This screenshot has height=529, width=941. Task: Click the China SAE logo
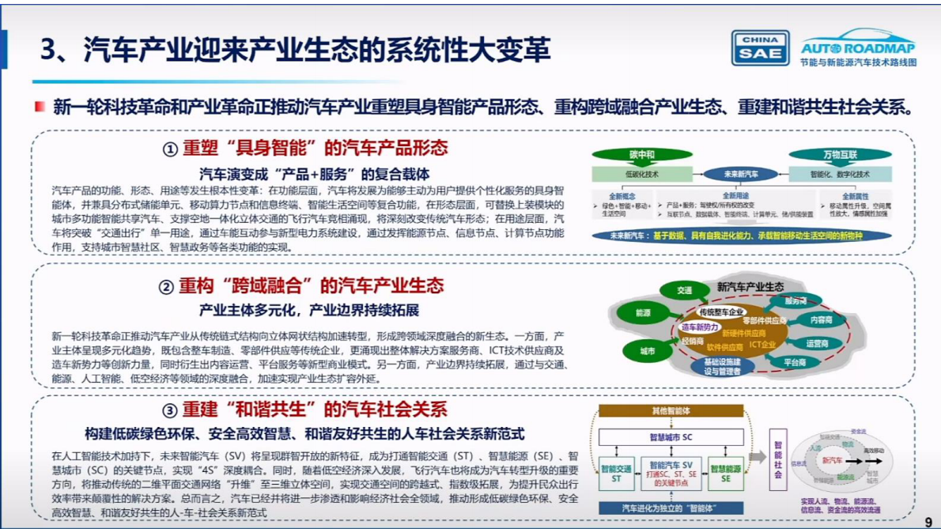tap(760, 47)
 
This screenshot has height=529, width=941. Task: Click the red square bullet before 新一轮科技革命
tap(40, 107)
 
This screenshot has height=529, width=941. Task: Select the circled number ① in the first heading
tap(170, 149)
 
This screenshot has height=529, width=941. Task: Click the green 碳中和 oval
tap(630, 154)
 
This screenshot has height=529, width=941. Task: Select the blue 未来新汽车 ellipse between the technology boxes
tap(741, 174)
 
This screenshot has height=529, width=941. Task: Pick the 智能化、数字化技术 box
tap(839, 174)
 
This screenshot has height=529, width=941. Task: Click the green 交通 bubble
tap(684, 290)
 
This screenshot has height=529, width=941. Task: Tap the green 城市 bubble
tap(647, 350)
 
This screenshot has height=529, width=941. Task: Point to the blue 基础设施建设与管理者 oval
tap(722, 366)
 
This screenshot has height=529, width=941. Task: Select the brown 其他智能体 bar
tap(671, 411)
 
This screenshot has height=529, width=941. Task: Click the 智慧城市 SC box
tap(671, 436)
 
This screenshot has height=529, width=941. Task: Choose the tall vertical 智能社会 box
tap(778, 459)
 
